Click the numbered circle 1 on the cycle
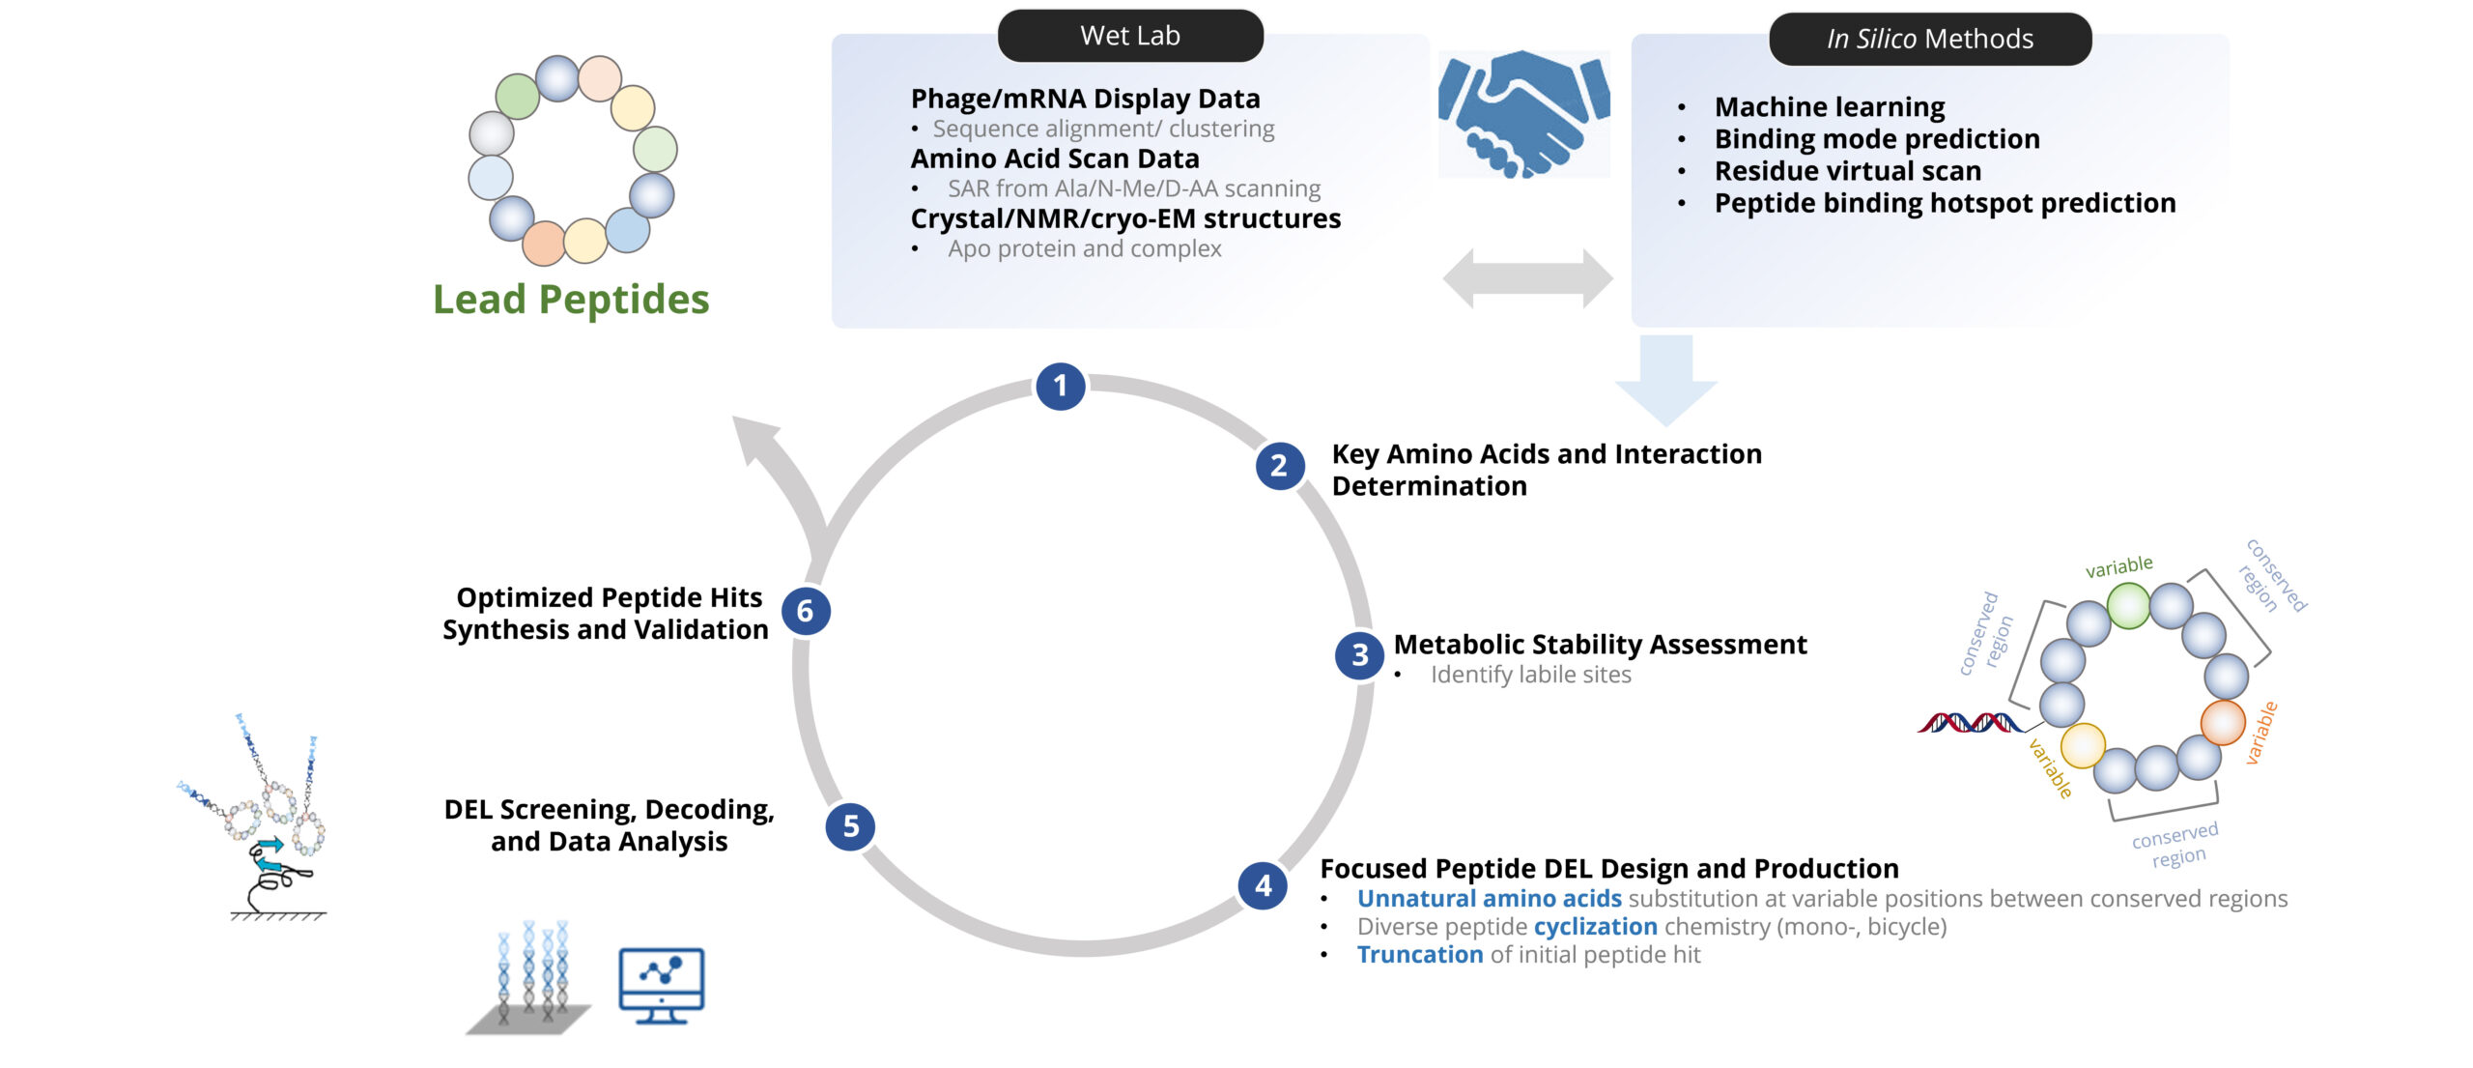pyautogui.click(x=1060, y=387)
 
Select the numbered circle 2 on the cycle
pyautogui.click(x=1279, y=466)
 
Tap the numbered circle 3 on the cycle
pyautogui.click(x=1359, y=655)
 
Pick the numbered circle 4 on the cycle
pyautogui.click(x=1263, y=885)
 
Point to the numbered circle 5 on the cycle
pyautogui.click(x=850, y=826)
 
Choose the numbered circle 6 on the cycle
pyautogui.click(x=805, y=611)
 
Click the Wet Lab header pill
pyautogui.click(x=1130, y=36)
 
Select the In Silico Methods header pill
pyautogui.click(x=1929, y=39)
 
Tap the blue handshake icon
pyautogui.click(x=1523, y=114)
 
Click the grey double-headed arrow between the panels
pyautogui.click(x=1527, y=278)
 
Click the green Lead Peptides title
pyautogui.click(x=571, y=300)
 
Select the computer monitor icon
pyautogui.click(x=661, y=985)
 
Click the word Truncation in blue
pyautogui.click(x=1419, y=955)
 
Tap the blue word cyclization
pyautogui.click(x=1595, y=927)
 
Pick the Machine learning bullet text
pyautogui.click(x=1829, y=106)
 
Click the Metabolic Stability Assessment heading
pyautogui.click(x=1600, y=645)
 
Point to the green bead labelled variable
pyautogui.click(x=2127, y=606)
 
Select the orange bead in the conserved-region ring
pyautogui.click(x=2222, y=722)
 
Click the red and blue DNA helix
pyautogui.click(x=1971, y=723)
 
